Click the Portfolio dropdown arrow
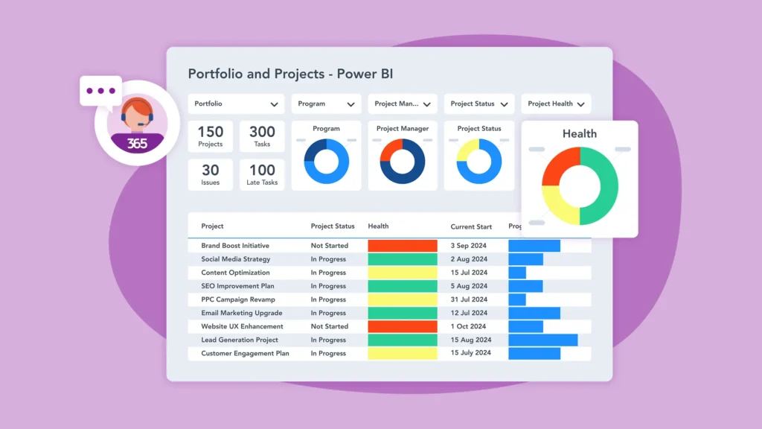274,104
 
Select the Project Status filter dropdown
479,104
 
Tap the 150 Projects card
211,137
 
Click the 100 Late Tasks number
262,171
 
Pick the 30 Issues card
211,175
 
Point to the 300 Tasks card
262,137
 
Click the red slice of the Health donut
559,166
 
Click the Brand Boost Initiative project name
235,246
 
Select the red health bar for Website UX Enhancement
403,326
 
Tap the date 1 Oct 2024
468,326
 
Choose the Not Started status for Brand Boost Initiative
330,246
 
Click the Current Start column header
472,226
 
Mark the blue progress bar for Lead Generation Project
543,340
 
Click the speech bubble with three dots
100,91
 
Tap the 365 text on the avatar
137,143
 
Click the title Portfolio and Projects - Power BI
290,74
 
